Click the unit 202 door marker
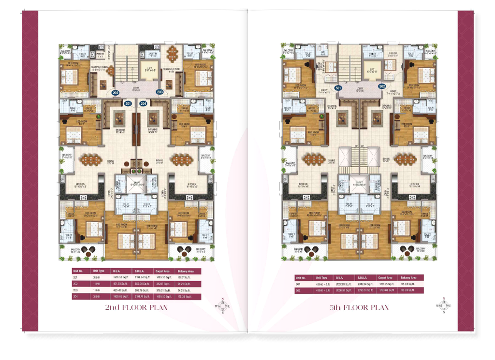[116, 92]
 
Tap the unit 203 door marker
[160, 92]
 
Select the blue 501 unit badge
[338, 87]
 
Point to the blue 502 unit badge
[382, 86]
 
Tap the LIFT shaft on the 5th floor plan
[372, 72]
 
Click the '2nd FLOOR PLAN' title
[136, 307]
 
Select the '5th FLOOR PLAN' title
[359, 307]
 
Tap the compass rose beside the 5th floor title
[446, 306]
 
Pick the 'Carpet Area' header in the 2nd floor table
[162, 271]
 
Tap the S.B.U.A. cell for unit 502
[363, 290]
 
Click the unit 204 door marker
[143, 103]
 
